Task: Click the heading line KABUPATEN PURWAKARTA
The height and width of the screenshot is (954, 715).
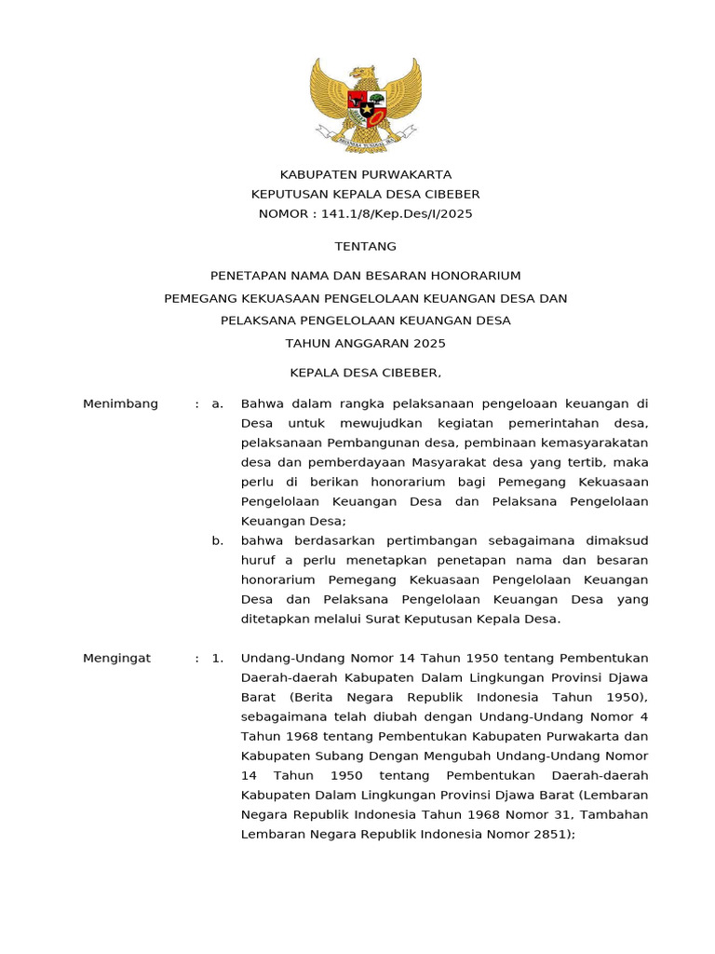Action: tap(366, 174)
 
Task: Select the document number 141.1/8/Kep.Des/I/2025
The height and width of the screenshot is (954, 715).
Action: tap(397, 213)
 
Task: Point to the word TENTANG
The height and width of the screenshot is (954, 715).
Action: tap(366, 246)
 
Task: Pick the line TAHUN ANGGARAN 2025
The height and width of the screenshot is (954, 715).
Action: tap(366, 343)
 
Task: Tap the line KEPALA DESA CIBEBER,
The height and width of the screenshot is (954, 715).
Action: tap(366, 373)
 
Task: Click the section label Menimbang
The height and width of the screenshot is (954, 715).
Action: tap(120, 403)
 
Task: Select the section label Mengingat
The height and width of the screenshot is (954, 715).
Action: tap(116, 658)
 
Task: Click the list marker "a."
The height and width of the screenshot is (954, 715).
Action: tap(217, 403)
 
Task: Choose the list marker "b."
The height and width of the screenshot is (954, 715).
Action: tap(217, 540)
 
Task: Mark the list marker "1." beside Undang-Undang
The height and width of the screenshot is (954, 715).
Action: tap(217, 658)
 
